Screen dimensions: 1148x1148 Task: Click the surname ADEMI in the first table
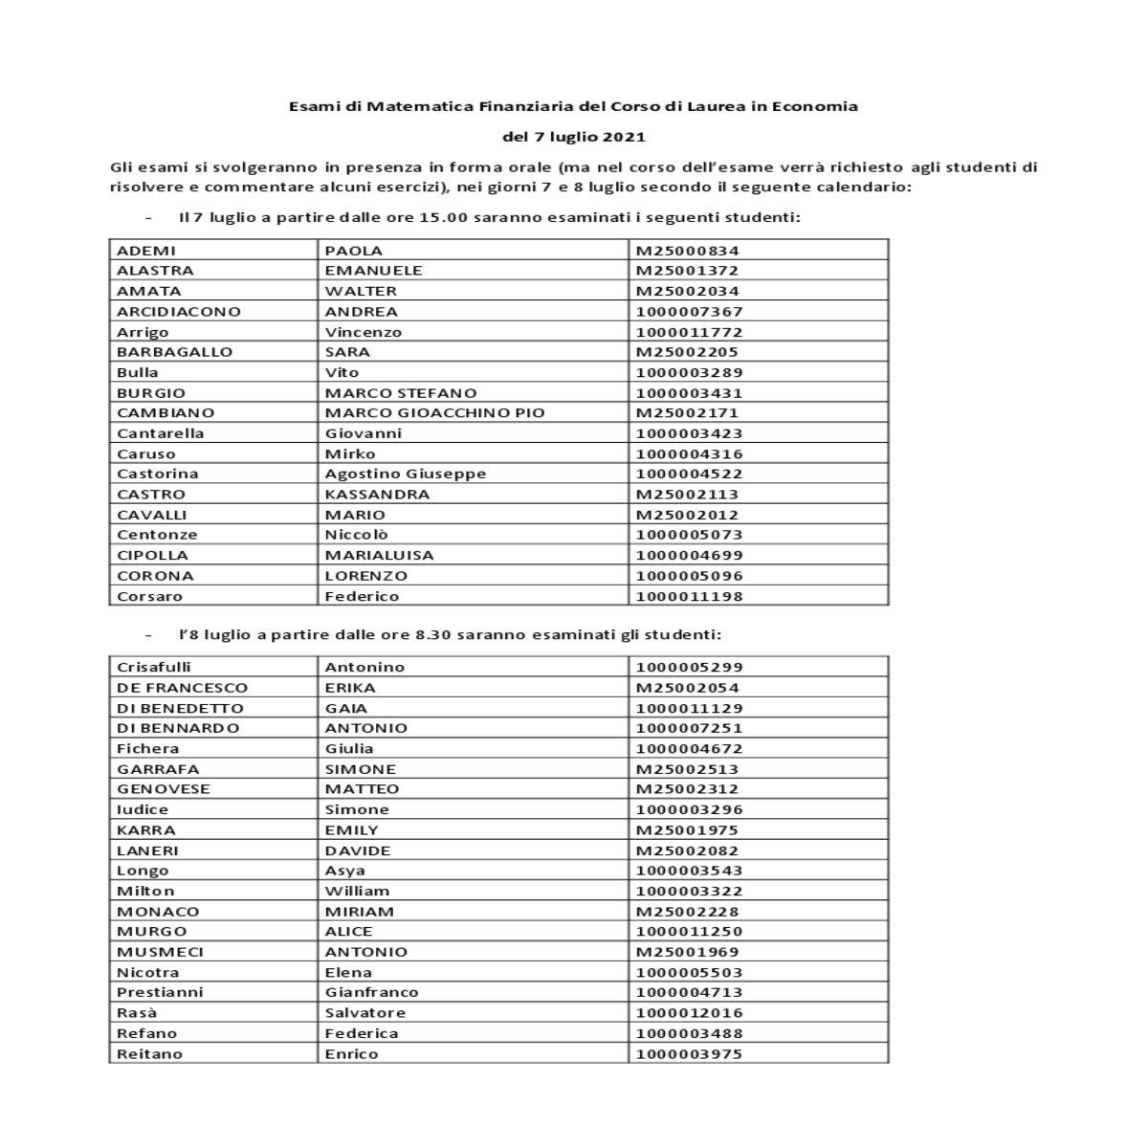click(x=146, y=251)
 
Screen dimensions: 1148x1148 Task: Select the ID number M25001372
click(x=687, y=271)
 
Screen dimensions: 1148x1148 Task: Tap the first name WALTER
click(x=361, y=291)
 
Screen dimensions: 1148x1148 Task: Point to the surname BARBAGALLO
click(x=174, y=352)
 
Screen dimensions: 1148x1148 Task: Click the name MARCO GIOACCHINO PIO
click(x=434, y=413)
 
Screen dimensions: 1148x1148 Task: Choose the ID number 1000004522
click(x=689, y=474)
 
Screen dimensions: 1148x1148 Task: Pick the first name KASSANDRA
click(x=377, y=495)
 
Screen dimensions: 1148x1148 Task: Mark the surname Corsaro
click(x=149, y=596)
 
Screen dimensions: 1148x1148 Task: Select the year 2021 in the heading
click(x=625, y=137)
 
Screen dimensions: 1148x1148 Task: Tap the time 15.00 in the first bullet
click(x=443, y=217)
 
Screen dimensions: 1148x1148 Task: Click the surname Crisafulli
click(x=153, y=667)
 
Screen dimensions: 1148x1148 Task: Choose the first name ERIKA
click(x=350, y=688)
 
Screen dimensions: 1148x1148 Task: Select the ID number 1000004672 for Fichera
click(x=689, y=749)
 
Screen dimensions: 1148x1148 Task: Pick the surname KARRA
click(x=146, y=830)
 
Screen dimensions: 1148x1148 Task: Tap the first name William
click(x=357, y=891)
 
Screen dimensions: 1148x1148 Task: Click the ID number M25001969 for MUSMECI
click(x=687, y=952)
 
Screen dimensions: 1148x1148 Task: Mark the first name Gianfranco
click(x=371, y=992)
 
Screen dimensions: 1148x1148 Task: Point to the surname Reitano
click(x=149, y=1054)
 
